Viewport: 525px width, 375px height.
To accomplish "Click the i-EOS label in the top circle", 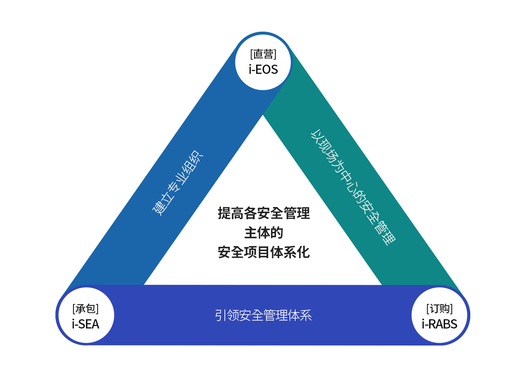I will click(263, 69).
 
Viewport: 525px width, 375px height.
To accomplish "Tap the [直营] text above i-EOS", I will click(263, 54).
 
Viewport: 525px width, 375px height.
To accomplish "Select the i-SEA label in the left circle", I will click(85, 324).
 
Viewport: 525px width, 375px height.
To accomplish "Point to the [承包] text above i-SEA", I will click(85, 309).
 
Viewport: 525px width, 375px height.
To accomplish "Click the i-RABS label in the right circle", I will click(439, 324).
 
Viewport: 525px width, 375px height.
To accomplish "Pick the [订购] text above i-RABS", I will click(439, 309).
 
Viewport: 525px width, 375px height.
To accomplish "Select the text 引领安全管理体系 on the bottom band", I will click(263, 315).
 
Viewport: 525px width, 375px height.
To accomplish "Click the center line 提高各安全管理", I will click(264, 213).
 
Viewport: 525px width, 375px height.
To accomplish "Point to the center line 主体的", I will click(264, 233).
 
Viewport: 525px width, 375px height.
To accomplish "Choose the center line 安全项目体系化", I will click(264, 252).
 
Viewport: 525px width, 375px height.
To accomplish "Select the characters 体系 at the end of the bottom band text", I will click(300, 315).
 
